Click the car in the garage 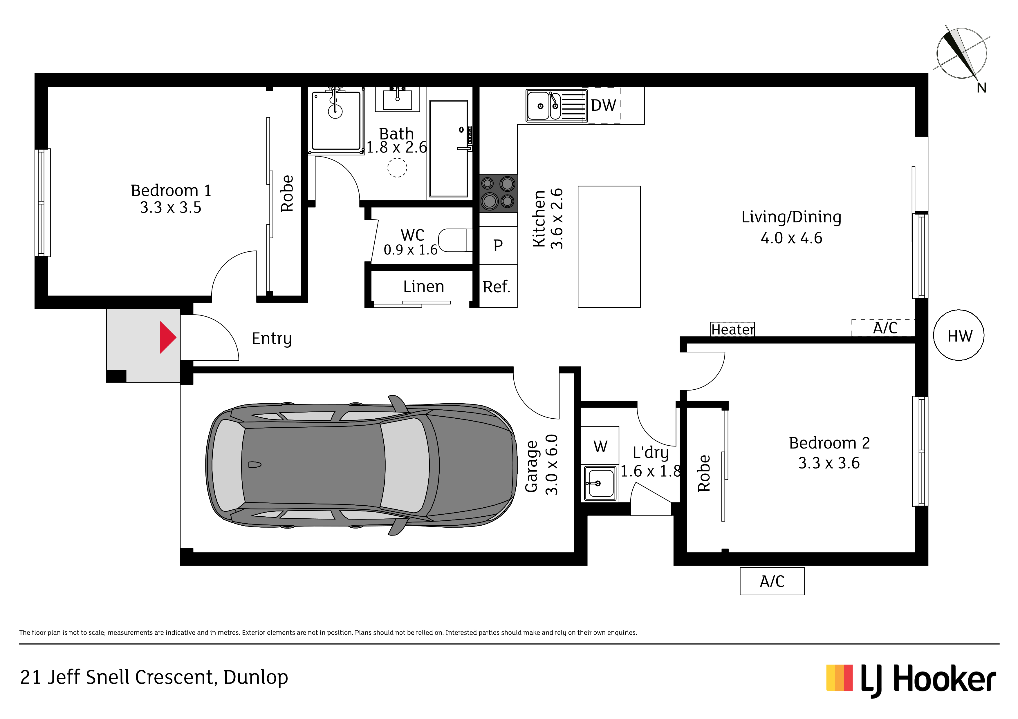(x=361, y=465)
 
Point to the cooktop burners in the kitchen (x=498, y=193)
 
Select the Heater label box (x=732, y=329)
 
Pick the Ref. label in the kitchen (x=497, y=287)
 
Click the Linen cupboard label (x=423, y=287)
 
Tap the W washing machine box (x=600, y=446)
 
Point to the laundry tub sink (x=600, y=483)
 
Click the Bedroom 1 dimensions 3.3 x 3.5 (x=171, y=207)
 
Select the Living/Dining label (x=791, y=217)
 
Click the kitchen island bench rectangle (x=609, y=247)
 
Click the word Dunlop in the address (x=256, y=677)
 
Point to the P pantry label (x=498, y=245)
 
